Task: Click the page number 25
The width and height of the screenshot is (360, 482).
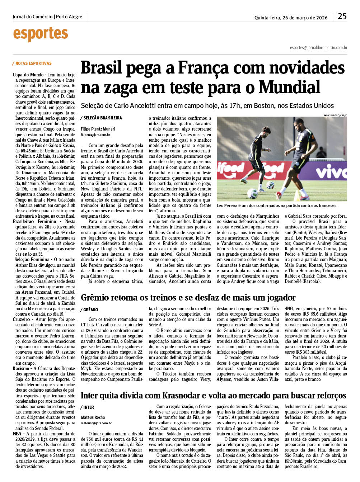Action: tap(342, 16)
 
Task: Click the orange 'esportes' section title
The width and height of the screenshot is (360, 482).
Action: tap(41, 34)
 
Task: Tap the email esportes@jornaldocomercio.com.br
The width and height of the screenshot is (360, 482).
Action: tap(318, 48)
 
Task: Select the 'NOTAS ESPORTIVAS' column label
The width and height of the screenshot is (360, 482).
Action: tap(33, 63)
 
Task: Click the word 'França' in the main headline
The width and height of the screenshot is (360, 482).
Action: tap(209, 68)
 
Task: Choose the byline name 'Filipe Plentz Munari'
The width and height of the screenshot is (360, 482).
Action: tap(98, 129)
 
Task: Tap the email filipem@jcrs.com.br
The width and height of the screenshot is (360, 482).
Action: tap(95, 135)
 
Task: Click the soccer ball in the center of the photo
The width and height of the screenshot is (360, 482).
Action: tap(270, 185)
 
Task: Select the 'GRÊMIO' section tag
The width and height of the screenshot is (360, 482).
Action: tap(90, 309)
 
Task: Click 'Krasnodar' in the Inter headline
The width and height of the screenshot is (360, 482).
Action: tap(181, 396)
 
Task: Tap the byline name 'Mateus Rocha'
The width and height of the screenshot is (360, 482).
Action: tap(93, 417)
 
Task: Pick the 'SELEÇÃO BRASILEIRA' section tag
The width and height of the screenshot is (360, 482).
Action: tap(102, 118)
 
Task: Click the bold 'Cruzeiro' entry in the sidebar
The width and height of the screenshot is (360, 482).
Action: tap(22, 319)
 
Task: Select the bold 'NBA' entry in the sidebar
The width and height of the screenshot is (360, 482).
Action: tap(17, 434)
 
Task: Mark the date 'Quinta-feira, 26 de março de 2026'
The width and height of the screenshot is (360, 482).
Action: tap(291, 18)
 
